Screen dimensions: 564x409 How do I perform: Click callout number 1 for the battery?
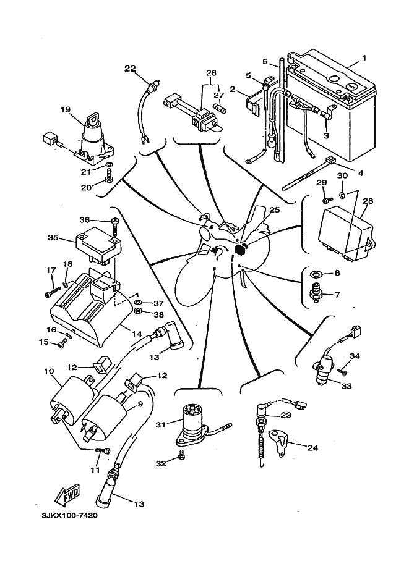click(x=364, y=57)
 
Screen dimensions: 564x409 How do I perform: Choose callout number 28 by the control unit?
click(x=369, y=201)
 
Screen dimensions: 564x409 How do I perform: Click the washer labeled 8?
click(x=316, y=272)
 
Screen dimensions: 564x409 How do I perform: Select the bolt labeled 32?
click(x=181, y=455)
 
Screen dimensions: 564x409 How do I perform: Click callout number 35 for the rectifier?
click(x=54, y=237)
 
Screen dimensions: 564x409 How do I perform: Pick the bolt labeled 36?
click(x=115, y=221)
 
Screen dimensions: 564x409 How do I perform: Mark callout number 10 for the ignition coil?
click(x=49, y=371)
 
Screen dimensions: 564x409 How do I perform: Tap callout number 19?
click(x=66, y=111)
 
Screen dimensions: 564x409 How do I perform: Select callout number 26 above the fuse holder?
click(x=212, y=73)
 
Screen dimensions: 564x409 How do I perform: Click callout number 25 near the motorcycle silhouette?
click(x=275, y=211)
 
